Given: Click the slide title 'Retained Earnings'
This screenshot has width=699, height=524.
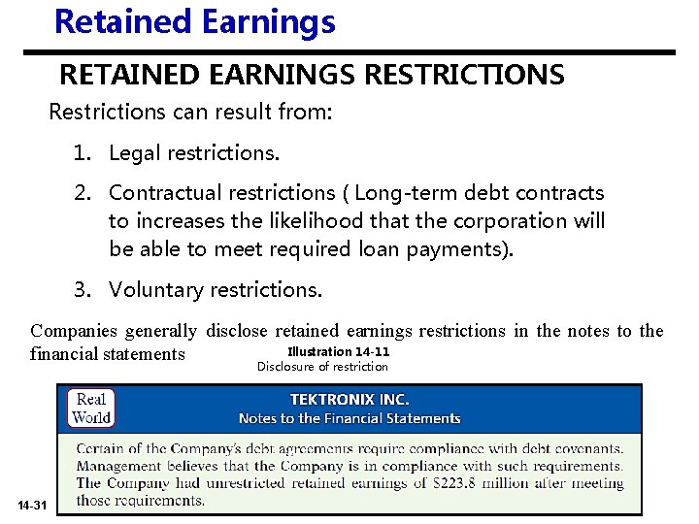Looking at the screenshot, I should tap(194, 20).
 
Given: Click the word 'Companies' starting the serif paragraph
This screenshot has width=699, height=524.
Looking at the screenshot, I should tap(69, 331).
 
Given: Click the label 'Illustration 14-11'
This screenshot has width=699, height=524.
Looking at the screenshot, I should tap(338, 351).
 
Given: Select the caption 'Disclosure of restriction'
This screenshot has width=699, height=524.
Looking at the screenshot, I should tap(322, 366).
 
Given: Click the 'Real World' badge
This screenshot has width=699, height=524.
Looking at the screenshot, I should tap(91, 409).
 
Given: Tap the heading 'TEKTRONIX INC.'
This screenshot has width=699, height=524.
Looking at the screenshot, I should tap(349, 400).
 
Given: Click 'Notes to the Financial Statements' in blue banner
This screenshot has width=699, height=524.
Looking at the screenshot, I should tap(349, 418).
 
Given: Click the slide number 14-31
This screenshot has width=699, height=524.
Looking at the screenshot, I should tap(31, 506).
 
